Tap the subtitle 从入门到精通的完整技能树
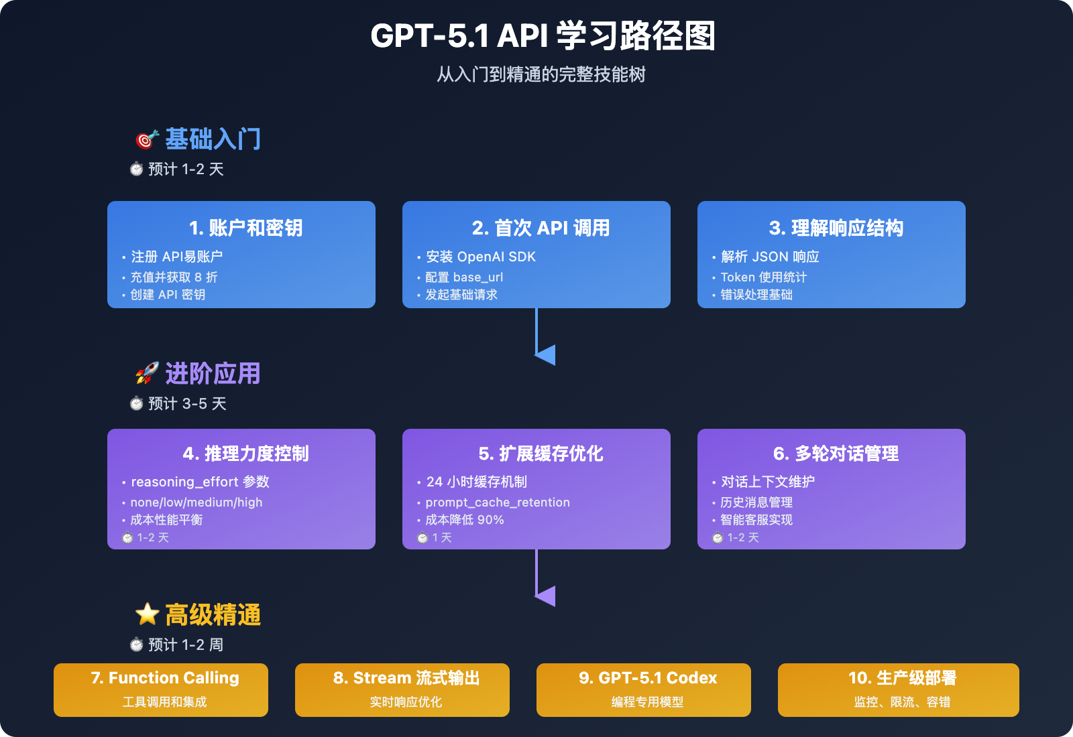click(x=541, y=74)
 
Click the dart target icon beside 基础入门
click(x=146, y=139)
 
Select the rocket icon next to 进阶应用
click(x=146, y=374)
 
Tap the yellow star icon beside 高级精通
click(x=146, y=614)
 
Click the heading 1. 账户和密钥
click(x=245, y=228)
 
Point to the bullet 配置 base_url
click(x=464, y=277)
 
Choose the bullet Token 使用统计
click(x=763, y=277)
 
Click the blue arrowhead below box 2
click(x=545, y=355)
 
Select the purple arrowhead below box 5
click(x=545, y=596)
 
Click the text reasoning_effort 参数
click(x=200, y=482)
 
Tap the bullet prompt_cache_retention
click(x=498, y=503)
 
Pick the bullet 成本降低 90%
click(x=464, y=520)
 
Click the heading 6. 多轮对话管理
click(x=836, y=454)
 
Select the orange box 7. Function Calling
click(x=161, y=690)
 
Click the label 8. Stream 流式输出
click(x=406, y=678)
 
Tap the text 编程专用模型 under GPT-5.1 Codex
click(x=647, y=702)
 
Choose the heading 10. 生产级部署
click(x=902, y=678)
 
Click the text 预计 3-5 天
click(x=187, y=404)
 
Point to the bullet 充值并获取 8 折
click(x=174, y=277)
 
